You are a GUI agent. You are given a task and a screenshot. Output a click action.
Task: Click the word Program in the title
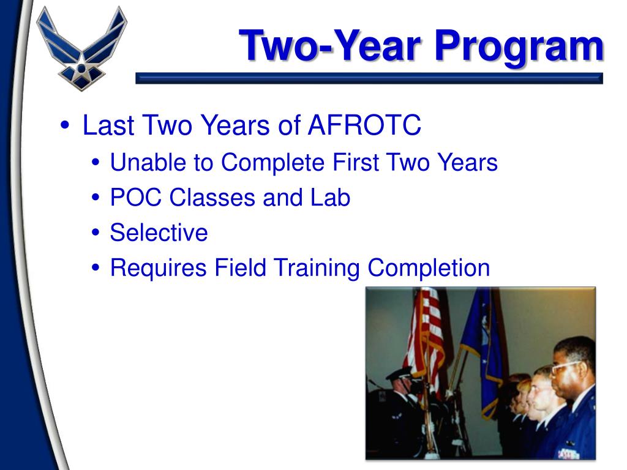(x=519, y=47)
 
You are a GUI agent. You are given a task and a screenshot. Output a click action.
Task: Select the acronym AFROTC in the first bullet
(x=364, y=125)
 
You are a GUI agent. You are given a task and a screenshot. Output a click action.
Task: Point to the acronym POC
(x=136, y=198)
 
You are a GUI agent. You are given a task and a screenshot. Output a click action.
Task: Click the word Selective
(x=159, y=233)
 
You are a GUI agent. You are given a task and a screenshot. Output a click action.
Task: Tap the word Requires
(x=159, y=268)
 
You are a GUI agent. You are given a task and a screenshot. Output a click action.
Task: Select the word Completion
(x=429, y=268)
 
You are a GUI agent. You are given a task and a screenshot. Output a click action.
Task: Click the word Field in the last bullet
(x=240, y=267)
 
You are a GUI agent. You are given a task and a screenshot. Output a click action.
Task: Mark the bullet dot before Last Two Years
(x=64, y=125)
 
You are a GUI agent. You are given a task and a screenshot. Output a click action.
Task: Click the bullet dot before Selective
(x=95, y=233)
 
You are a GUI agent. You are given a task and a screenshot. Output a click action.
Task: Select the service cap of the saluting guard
(x=399, y=374)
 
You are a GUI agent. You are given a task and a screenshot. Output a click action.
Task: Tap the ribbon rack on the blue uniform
(x=568, y=455)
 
